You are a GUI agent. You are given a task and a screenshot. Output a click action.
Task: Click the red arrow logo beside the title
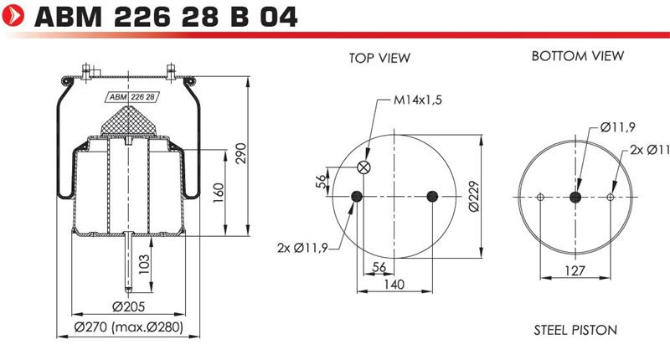click(x=13, y=15)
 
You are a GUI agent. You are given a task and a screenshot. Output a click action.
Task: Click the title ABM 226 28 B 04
click(x=165, y=17)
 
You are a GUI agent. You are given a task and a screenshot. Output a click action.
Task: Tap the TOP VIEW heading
click(x=379, y=58)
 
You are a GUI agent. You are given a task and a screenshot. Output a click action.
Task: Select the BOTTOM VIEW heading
click(x=578, y=56)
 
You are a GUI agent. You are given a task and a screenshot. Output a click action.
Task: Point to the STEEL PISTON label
click(x=575, y=330)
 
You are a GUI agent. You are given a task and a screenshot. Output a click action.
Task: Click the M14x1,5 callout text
click(x=418, y=100)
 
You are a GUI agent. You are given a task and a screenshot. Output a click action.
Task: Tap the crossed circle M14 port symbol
click(x=363, y=167)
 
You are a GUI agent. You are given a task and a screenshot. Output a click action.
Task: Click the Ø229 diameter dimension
click(x=474, y=197)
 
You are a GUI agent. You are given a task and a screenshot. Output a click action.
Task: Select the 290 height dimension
click(x=241, y=153)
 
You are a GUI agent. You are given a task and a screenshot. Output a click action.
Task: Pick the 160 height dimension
click(x=219, y=193)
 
